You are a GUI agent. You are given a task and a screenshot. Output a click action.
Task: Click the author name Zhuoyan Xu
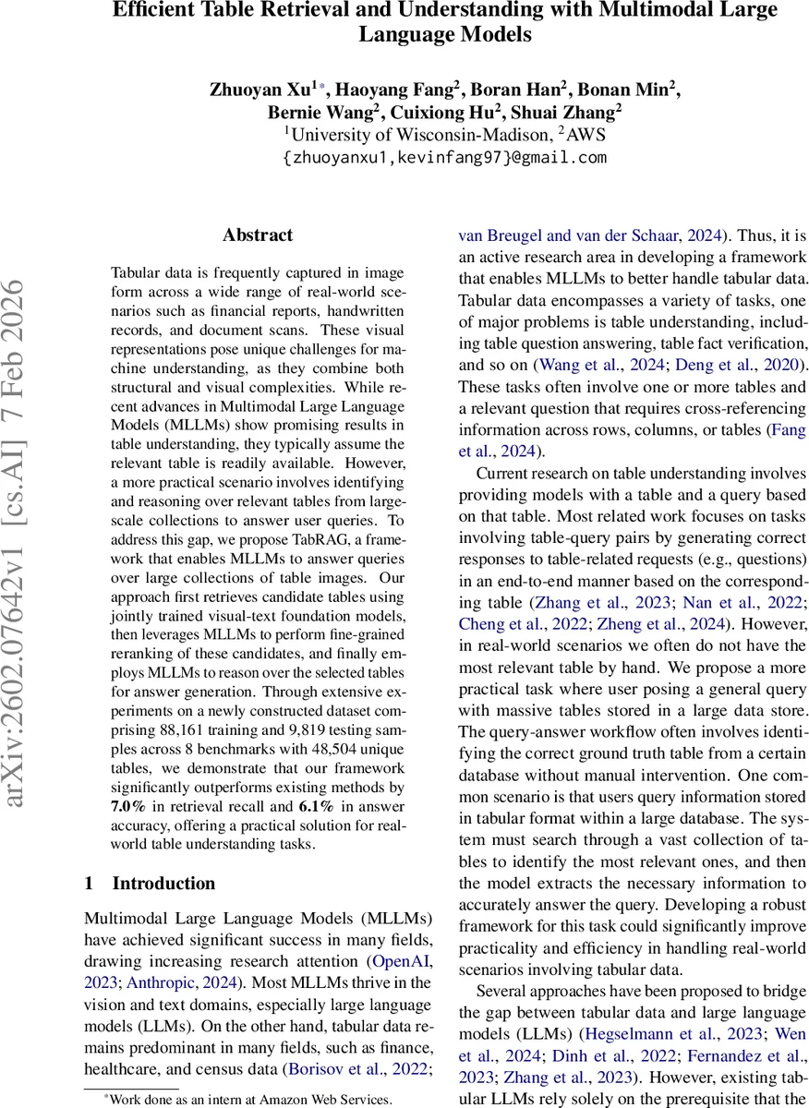click(262, 90)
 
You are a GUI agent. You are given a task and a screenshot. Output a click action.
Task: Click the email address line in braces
click(444, 157)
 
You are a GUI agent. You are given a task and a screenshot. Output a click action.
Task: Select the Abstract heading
click(257, 235)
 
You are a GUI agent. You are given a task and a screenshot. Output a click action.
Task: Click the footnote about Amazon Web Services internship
click(247, 1099)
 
